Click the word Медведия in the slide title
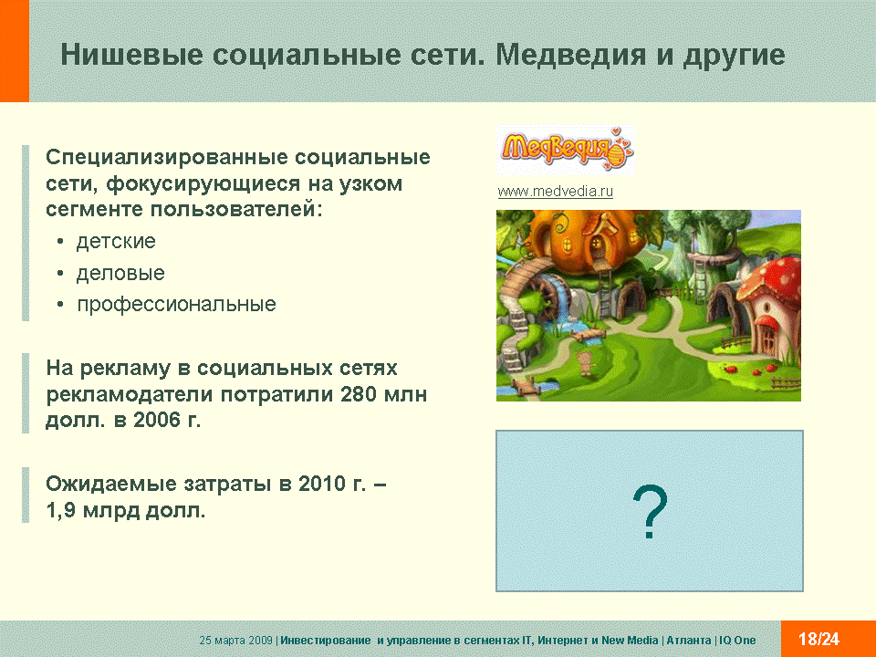tap(571, 56)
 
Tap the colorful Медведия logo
tap(566, 149)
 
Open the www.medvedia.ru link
tap(556, 191)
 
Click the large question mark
tap(650, 511)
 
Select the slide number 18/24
tap(819, 639)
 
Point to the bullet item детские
tap(116, 241)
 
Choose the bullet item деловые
tap(120, 273)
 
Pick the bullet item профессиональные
tap(176, 305)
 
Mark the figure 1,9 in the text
tap(60, 510)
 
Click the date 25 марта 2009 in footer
tap(235, 641)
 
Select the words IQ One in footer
tap(737, 641)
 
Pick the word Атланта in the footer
tap(689, 641)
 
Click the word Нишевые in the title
tap(131, 56)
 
